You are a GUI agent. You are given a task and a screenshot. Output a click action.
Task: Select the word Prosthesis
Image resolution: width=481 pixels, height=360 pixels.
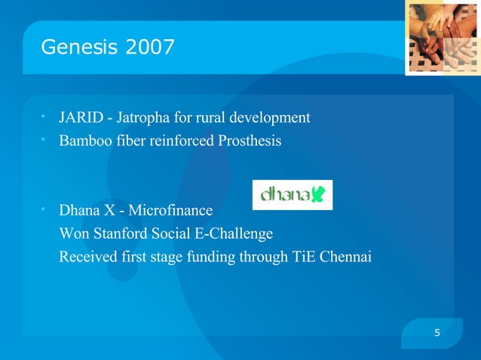251,141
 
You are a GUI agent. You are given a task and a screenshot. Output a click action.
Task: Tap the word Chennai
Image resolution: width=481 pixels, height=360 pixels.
346,257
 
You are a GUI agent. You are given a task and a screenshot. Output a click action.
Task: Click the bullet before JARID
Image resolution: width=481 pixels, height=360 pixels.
45,117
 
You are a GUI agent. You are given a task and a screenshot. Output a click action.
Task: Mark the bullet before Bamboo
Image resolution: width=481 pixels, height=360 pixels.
45,139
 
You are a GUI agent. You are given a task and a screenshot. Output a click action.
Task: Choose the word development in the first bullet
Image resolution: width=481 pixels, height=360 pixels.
272,118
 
